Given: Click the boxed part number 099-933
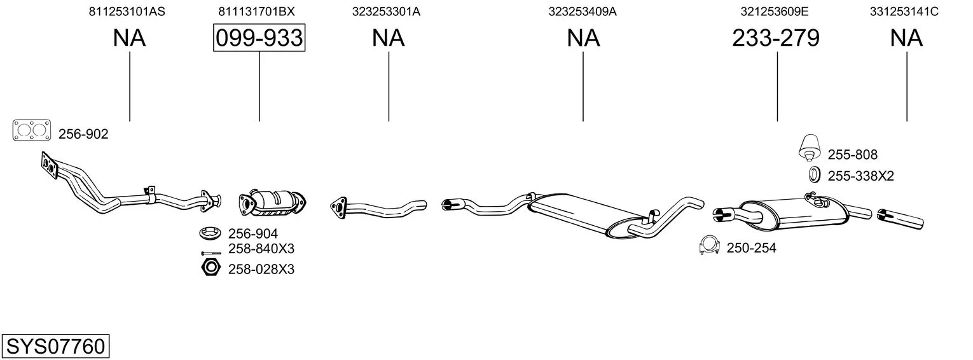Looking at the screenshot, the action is pyautogui.click(x=259, y=38).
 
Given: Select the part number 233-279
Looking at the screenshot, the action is pyautogui.click(x=776, y=38).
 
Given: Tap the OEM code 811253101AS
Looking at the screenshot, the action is pyautogui.click(x=127, y=11).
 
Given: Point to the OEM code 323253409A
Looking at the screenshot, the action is pyautogui.click(x=583, y=11).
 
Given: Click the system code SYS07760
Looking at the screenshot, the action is pyautogui.click(x=55, y=346).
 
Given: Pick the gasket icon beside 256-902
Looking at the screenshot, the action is pyautogui.click(x=32, y=130).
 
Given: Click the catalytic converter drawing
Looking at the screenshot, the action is pyautogui.click(x=273, y=203).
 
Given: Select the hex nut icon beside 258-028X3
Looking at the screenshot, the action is pyautogui.click(x=211, y=268).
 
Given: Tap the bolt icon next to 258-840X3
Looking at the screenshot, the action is pyautogui.click(x=212, y=253).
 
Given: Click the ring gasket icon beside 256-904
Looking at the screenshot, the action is pyautogui.click(x=211, y=233).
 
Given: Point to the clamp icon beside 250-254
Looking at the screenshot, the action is pyautogui.click(x=710, y=246).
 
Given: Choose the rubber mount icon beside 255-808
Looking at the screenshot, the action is pyautogui.click(x=810, y=147).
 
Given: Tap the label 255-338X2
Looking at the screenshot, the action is pyautogui.click(x=860, y=176).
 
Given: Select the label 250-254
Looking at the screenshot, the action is pyautogui.click(x=751, y=247).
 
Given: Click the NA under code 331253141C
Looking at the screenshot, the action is pyautogui.click(x=906, y=38).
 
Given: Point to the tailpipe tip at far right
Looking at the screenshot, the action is pyautogui.click(x=900, y=218).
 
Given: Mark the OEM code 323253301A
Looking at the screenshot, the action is pyautogui.click(x=386, y=11).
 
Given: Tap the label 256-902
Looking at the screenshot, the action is pyautogui.click(x=83, y=134).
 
